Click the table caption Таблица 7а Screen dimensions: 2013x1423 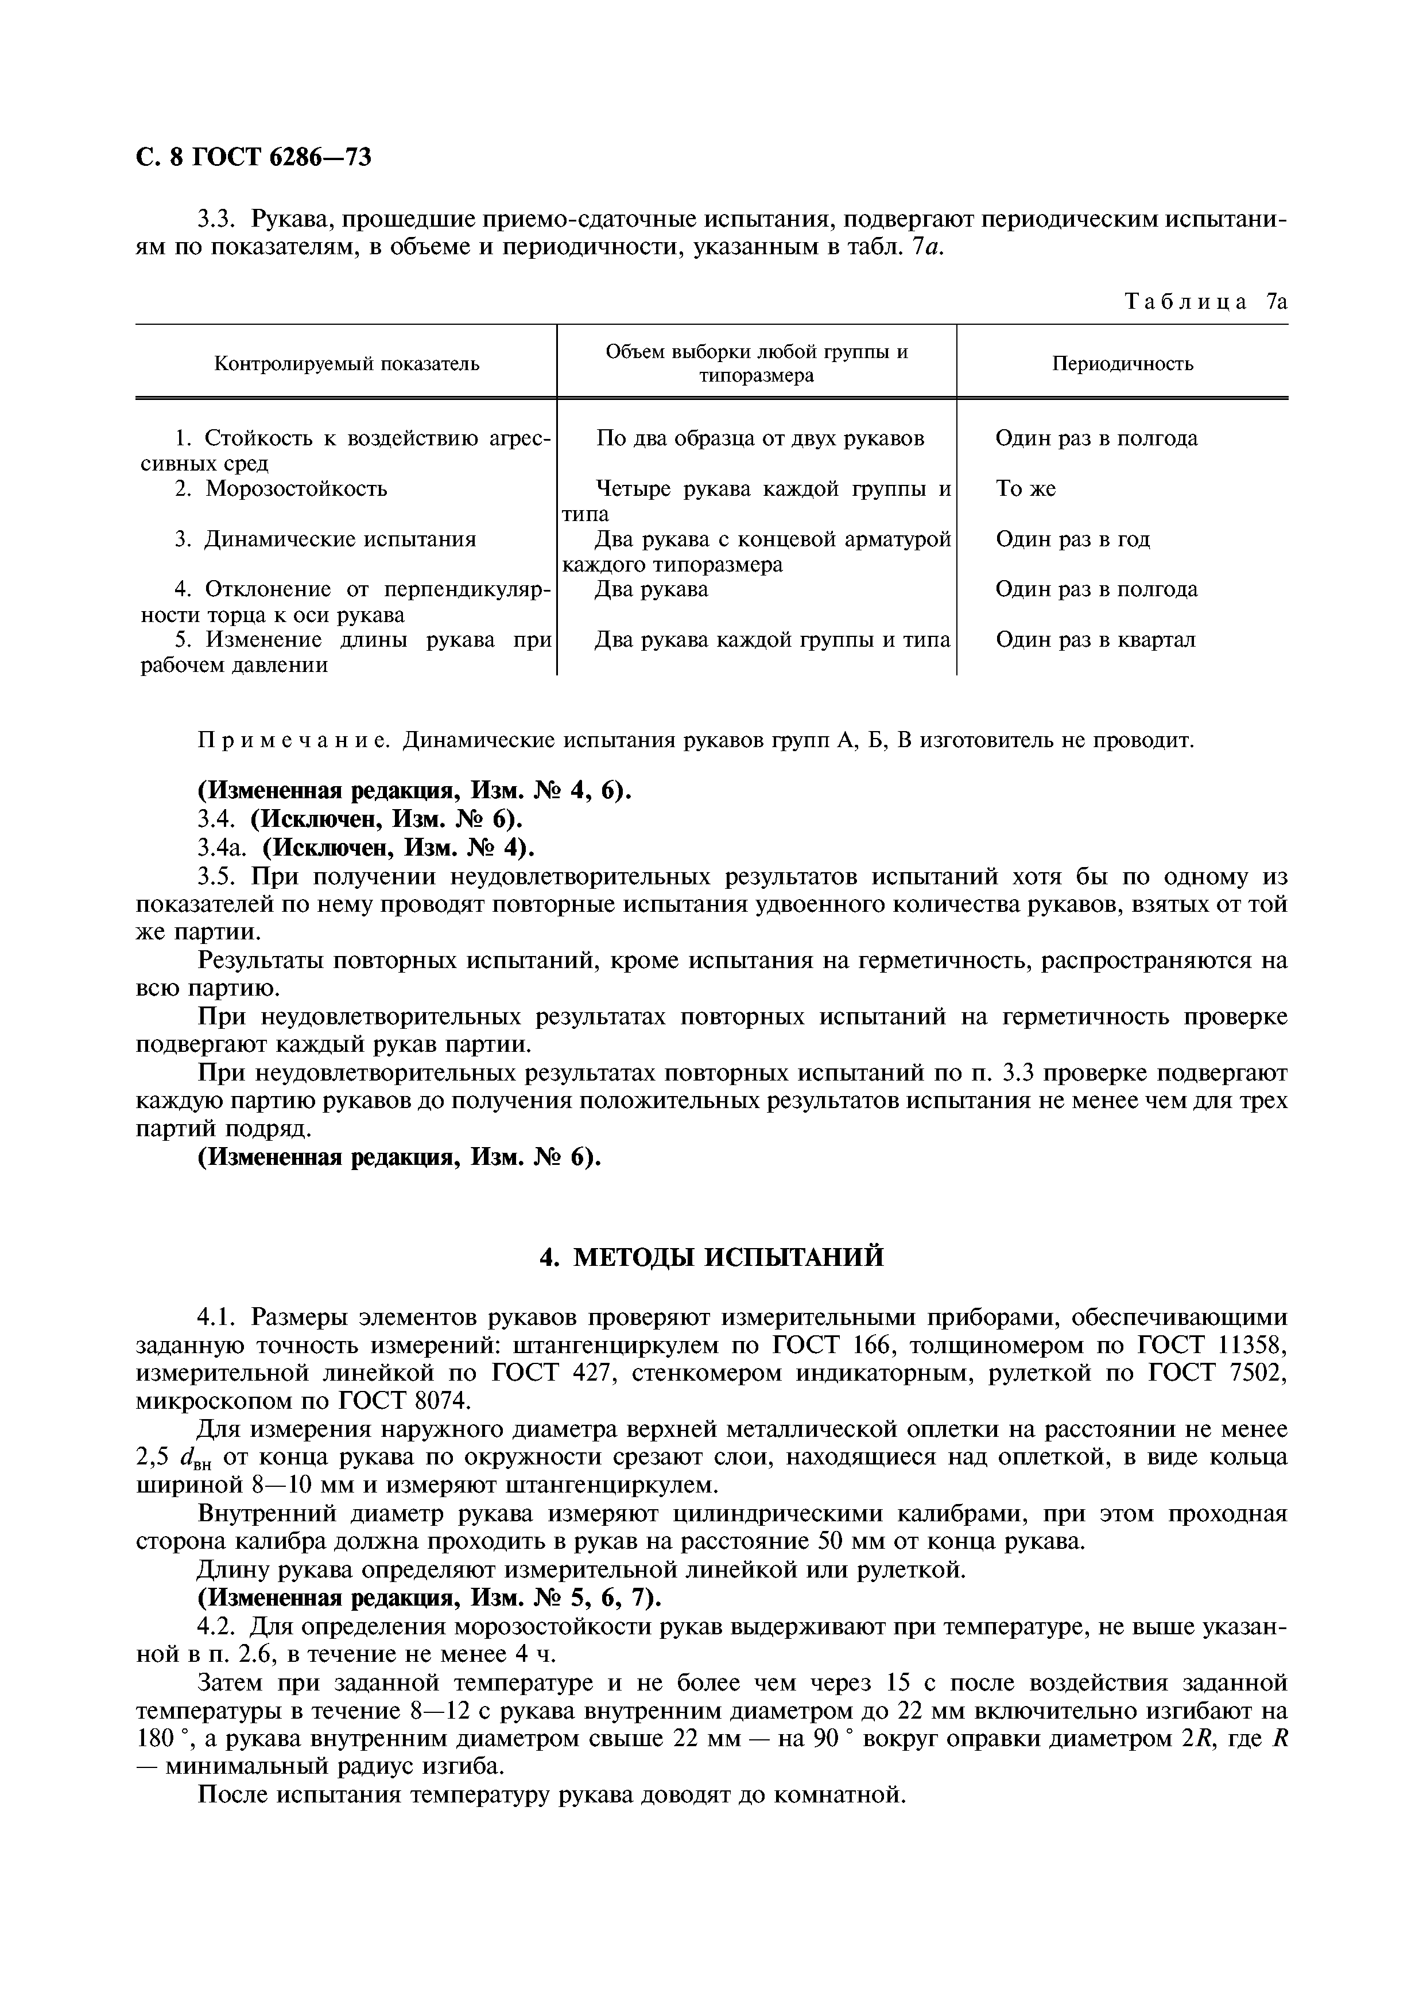[x=1205, y=302]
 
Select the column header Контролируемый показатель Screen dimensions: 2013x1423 [x=347, y=363]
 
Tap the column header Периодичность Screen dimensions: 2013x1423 [x=1122, y=363]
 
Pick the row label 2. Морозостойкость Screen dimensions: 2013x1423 [x=281, y=488]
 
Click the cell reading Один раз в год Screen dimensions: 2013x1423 [x=1072, y=539]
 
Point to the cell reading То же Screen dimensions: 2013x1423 [x=1025, y=488]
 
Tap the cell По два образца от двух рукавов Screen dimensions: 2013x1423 [x=759, y=438]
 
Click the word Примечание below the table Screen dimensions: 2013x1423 [x=294, y=741]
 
